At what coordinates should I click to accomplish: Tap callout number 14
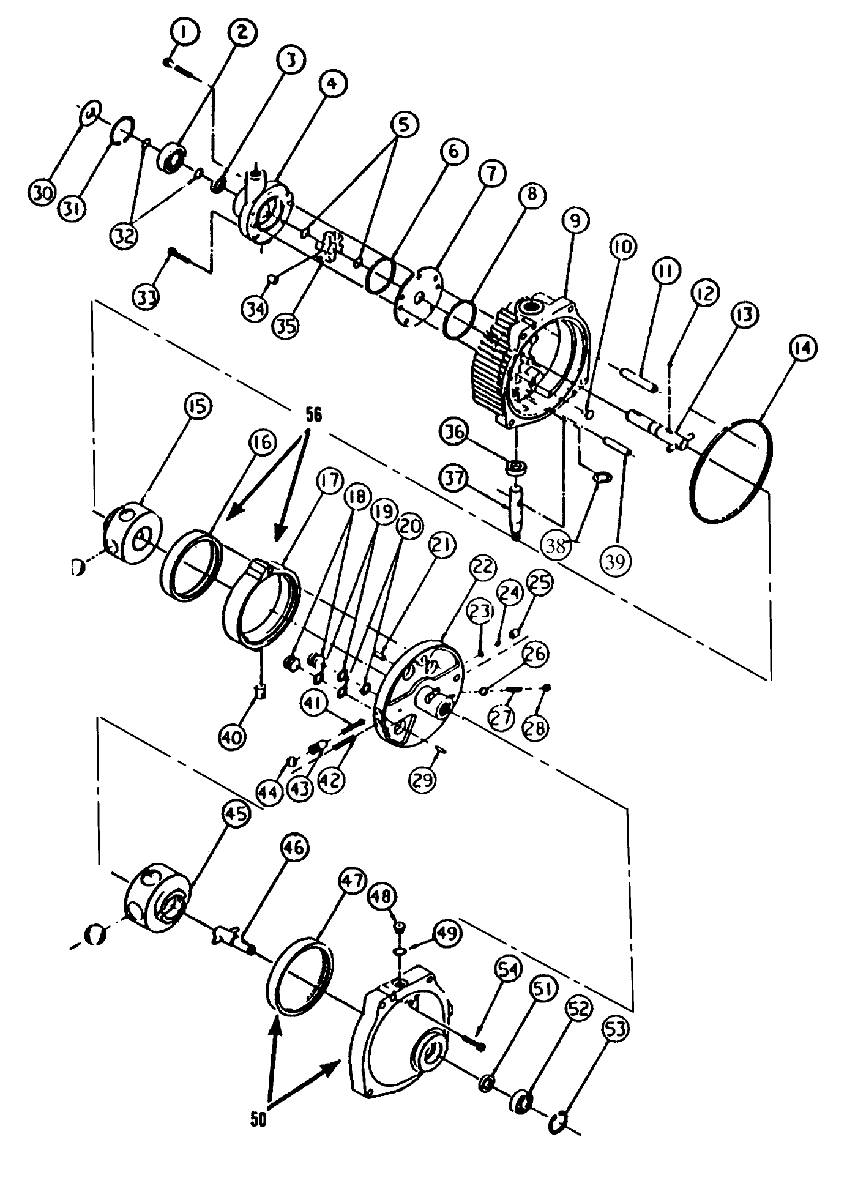click(802, 349)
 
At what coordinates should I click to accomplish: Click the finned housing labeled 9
click(526, 361)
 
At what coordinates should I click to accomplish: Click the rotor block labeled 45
click(157, 897)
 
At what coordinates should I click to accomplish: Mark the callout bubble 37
click(455, 478)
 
